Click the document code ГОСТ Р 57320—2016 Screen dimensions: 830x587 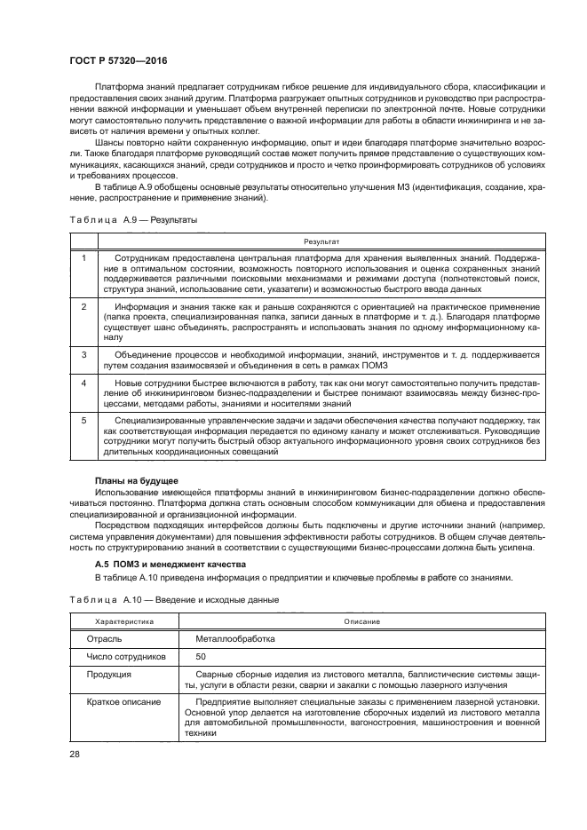pos(117,60)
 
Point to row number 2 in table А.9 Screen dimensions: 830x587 pos(83,306)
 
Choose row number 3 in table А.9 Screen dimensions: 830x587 pos(83,354)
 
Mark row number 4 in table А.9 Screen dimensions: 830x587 pos(83,382)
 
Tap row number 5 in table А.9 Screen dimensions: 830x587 pos(83,419)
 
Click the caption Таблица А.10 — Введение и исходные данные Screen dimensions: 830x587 pos(174,599)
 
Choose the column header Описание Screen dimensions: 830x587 pos(362,621)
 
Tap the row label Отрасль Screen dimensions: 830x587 pos(105,638)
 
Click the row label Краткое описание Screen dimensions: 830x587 pos(123,701)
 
